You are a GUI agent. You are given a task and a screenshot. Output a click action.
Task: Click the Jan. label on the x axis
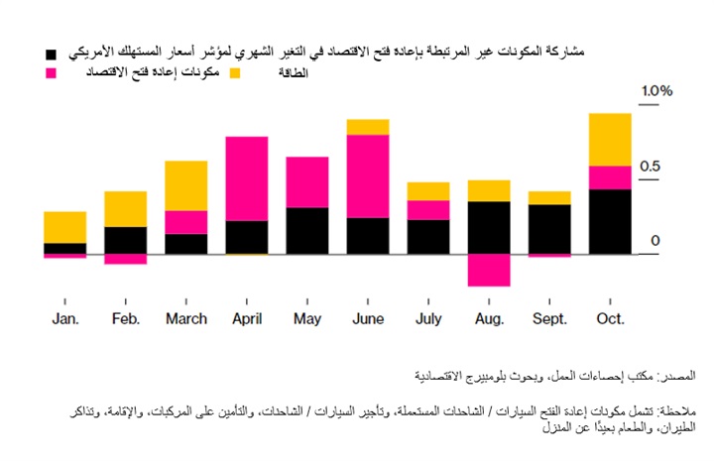pos(64,318)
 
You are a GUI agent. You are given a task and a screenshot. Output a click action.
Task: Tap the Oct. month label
pos(610,318)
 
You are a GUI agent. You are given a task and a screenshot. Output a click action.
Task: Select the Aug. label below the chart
pos(489,318)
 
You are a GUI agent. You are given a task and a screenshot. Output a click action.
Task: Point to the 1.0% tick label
pos(655,91)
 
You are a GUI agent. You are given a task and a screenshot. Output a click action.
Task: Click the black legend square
pos(50,51)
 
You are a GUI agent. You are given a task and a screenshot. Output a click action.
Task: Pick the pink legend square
pos(50,73)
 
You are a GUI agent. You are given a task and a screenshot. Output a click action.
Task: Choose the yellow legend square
pos(236,73)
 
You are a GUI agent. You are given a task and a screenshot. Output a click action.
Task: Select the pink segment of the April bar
pos(247,178)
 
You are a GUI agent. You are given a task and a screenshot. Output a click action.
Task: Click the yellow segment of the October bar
pos(610,139)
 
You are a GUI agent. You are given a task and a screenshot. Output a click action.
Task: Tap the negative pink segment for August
pos(489,270)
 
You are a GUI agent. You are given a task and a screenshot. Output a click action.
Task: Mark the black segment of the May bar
pos(307,231)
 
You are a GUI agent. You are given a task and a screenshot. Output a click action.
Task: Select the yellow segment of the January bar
pos(64,227)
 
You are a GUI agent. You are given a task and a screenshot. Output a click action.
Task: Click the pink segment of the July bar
pos(428,209)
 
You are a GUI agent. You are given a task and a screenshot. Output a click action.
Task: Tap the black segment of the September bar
pos(549,229)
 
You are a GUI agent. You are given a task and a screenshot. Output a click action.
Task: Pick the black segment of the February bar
pos(125,240)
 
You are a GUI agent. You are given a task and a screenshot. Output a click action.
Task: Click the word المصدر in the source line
pos(677,376)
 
